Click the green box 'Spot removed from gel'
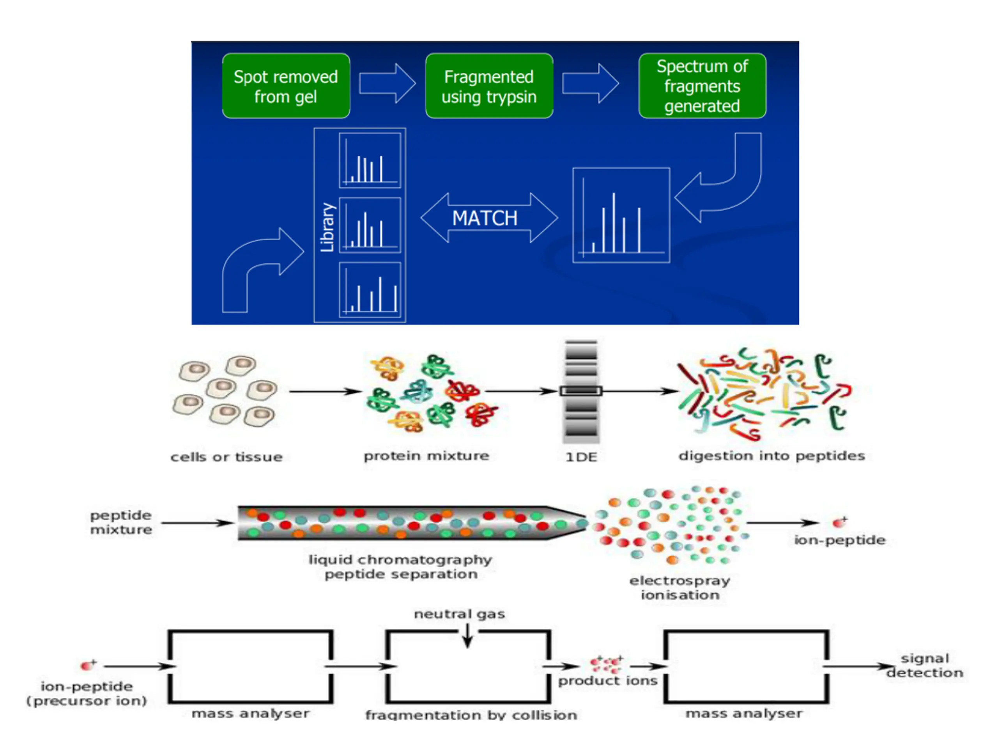pyautogui.click(x=286, y=86)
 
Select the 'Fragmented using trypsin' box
pyautogui.click(x=489, y=86)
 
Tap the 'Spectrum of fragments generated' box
pyautogui.click(x=702, y=86)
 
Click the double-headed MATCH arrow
pyautogui.click(x=489, y=218)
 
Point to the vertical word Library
pyautogui.click(x=327, y=227)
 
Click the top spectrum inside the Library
pyautogui.click(x=370, y=160)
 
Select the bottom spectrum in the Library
pyautogui.click(x=370, y=290)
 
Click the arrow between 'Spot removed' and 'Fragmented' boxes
pyautogui.click(x=387, y=83)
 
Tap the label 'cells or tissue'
pyautogui.click(x=226, y=457)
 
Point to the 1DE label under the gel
pyautogui.click(x=581, y=457)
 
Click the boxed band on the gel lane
pyautogui.click(x=581, y=391)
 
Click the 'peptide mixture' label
pyautogui.click(x=121, y=522)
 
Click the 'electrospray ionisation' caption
pyautogui.click(x=680, y=588)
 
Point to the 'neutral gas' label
pyautogui.click(x=459, y=614)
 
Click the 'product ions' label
pyautogui.click(x=608, y=681)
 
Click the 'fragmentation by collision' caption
pyautogui.click(x=471, y=715)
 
